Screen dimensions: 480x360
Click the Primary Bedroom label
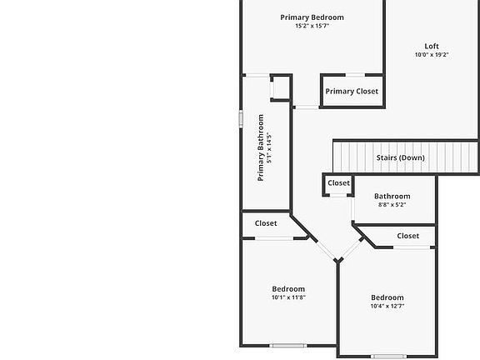point(312,17)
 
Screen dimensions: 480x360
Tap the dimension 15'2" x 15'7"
point(312,26)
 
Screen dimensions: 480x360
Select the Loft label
point(432,46)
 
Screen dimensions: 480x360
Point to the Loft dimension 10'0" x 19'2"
point(432,55)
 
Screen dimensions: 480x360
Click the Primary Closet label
point(352,91)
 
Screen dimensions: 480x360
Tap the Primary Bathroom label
point(261,147)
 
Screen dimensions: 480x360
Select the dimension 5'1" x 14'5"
point(269,147)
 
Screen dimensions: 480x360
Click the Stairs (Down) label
point(400,157)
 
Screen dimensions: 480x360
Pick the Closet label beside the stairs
point(338,183)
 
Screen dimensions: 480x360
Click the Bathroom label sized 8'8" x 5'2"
point(392,196)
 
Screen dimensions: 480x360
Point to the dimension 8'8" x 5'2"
point(392,205)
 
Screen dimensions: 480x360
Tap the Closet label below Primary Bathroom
point(266,223)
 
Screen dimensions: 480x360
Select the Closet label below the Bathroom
point(408,236)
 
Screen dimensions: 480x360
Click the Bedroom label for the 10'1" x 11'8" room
point(288,289)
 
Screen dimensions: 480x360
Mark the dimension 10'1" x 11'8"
point(288,297)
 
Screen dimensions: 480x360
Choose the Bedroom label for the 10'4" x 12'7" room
point(387,297)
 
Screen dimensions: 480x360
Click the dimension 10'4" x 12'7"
point(387,306)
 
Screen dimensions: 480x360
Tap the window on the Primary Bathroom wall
point(241,119)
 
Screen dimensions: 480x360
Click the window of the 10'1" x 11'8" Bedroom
point(288,346)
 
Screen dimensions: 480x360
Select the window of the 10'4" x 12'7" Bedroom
point(389,357)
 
